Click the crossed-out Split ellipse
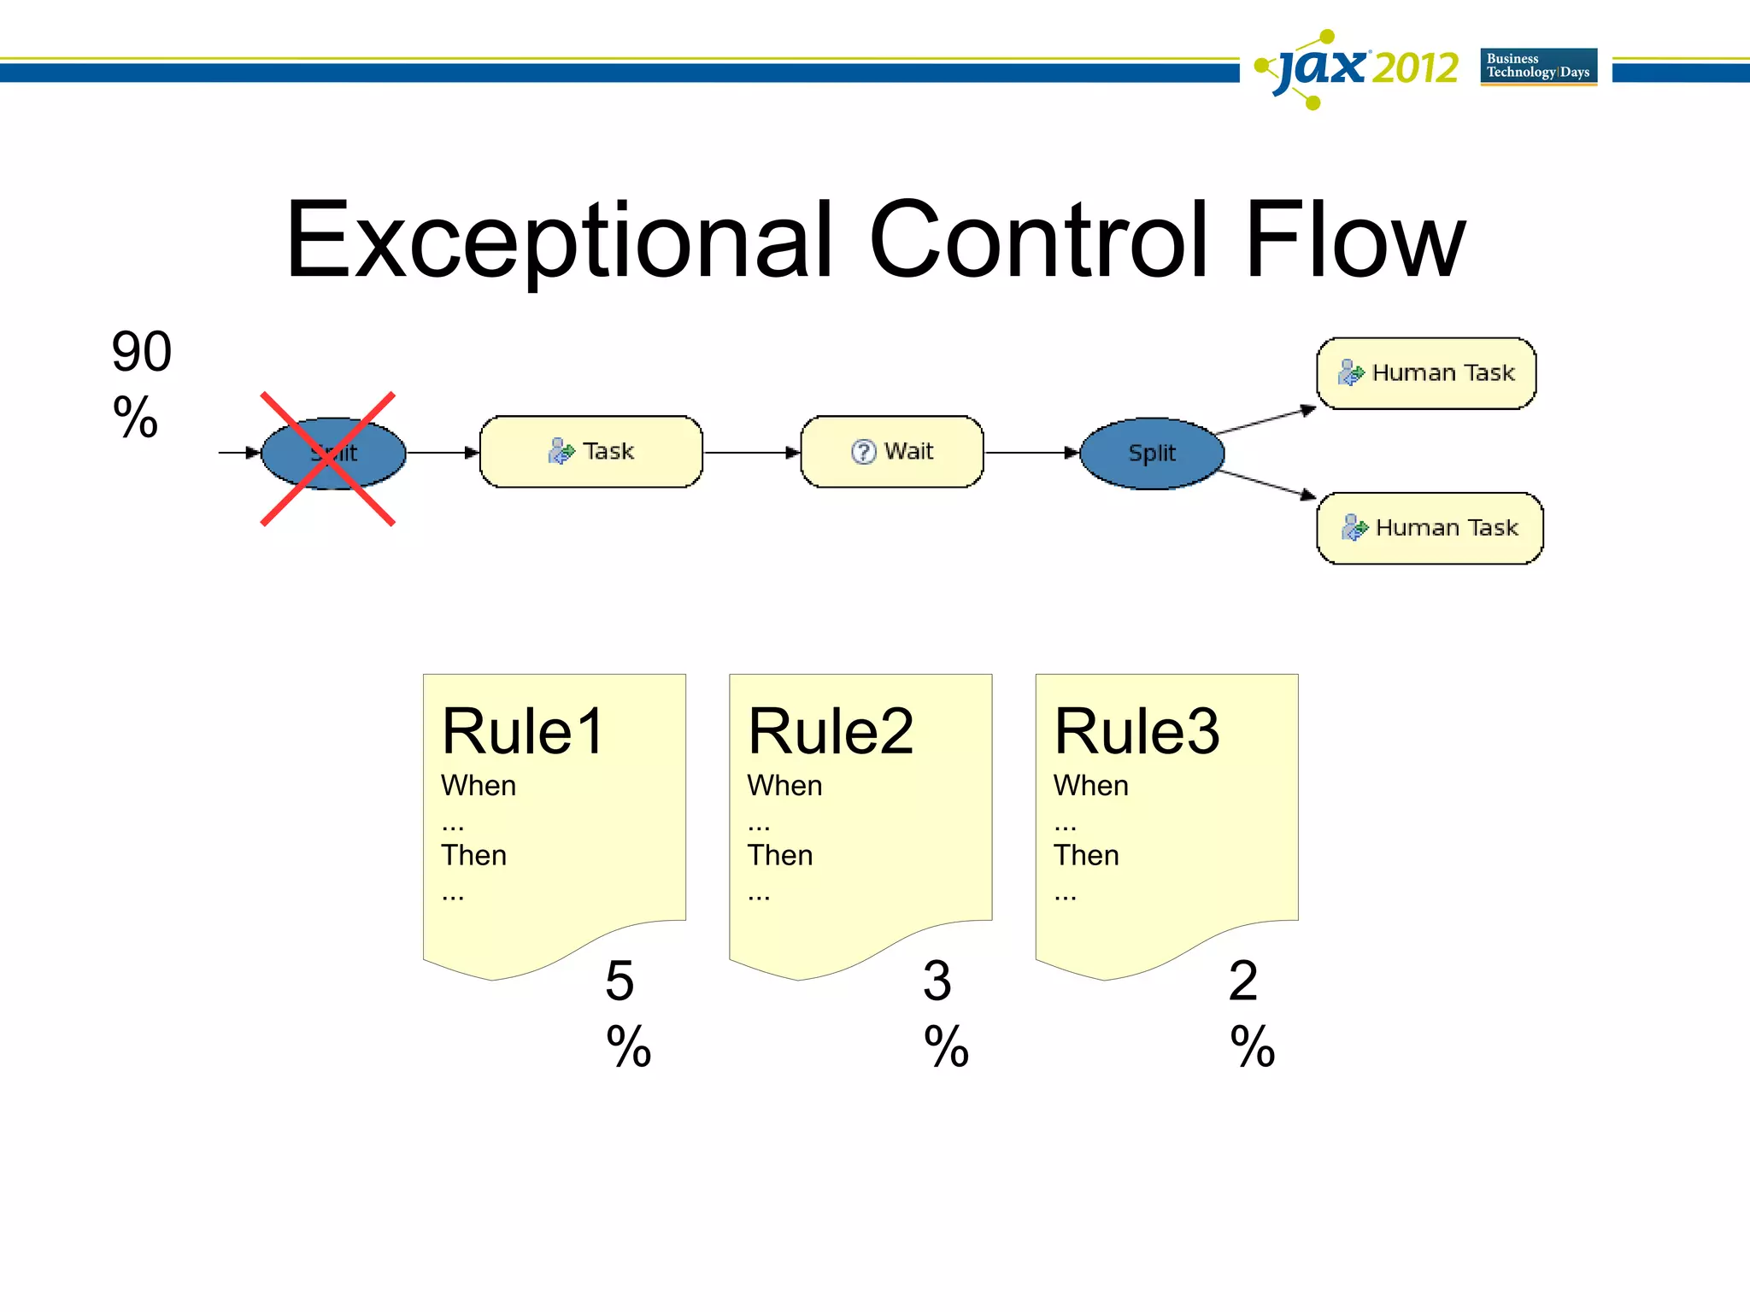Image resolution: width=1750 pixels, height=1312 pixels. coord(333,454)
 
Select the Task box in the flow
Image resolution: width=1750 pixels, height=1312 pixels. coord(591,452)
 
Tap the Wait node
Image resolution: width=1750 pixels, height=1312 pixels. coord(892,452)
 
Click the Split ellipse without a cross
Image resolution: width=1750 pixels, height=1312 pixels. coord(1152,454)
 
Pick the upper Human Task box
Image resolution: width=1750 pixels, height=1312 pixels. coord(1426,373)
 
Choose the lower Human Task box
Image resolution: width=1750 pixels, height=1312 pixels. coord(1430,528)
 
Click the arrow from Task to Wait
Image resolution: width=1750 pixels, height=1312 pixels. coord(751,453)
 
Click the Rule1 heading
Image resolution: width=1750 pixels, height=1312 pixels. coord(523,732)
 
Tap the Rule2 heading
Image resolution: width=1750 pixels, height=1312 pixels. coord(830,732)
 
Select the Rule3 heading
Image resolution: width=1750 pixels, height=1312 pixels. coord(1136,732)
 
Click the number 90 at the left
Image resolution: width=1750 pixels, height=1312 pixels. coord(142,352)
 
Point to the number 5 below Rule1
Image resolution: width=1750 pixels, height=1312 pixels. coord(620,981)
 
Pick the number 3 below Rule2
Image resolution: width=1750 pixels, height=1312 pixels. coord(937,981)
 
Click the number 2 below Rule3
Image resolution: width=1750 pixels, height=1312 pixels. coord(1243,981)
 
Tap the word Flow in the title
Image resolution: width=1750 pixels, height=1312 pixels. coord(1355,242)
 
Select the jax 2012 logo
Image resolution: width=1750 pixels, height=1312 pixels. coord(1359,68)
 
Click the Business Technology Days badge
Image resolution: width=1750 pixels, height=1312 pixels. coord(1538,67)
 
